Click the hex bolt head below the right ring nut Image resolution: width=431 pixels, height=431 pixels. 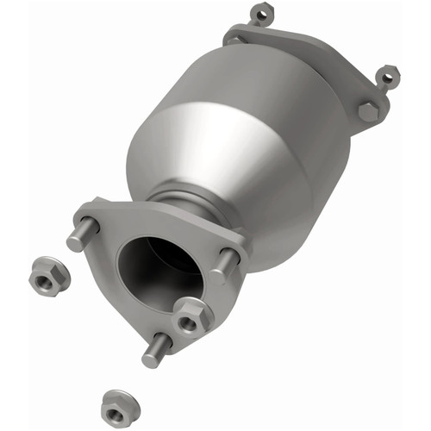click(368, 111)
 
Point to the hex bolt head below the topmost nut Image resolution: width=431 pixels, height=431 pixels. click(235, 39)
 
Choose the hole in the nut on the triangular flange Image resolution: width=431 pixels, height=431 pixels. click(187, 321)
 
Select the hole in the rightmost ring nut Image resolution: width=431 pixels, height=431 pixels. click(388, 76)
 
